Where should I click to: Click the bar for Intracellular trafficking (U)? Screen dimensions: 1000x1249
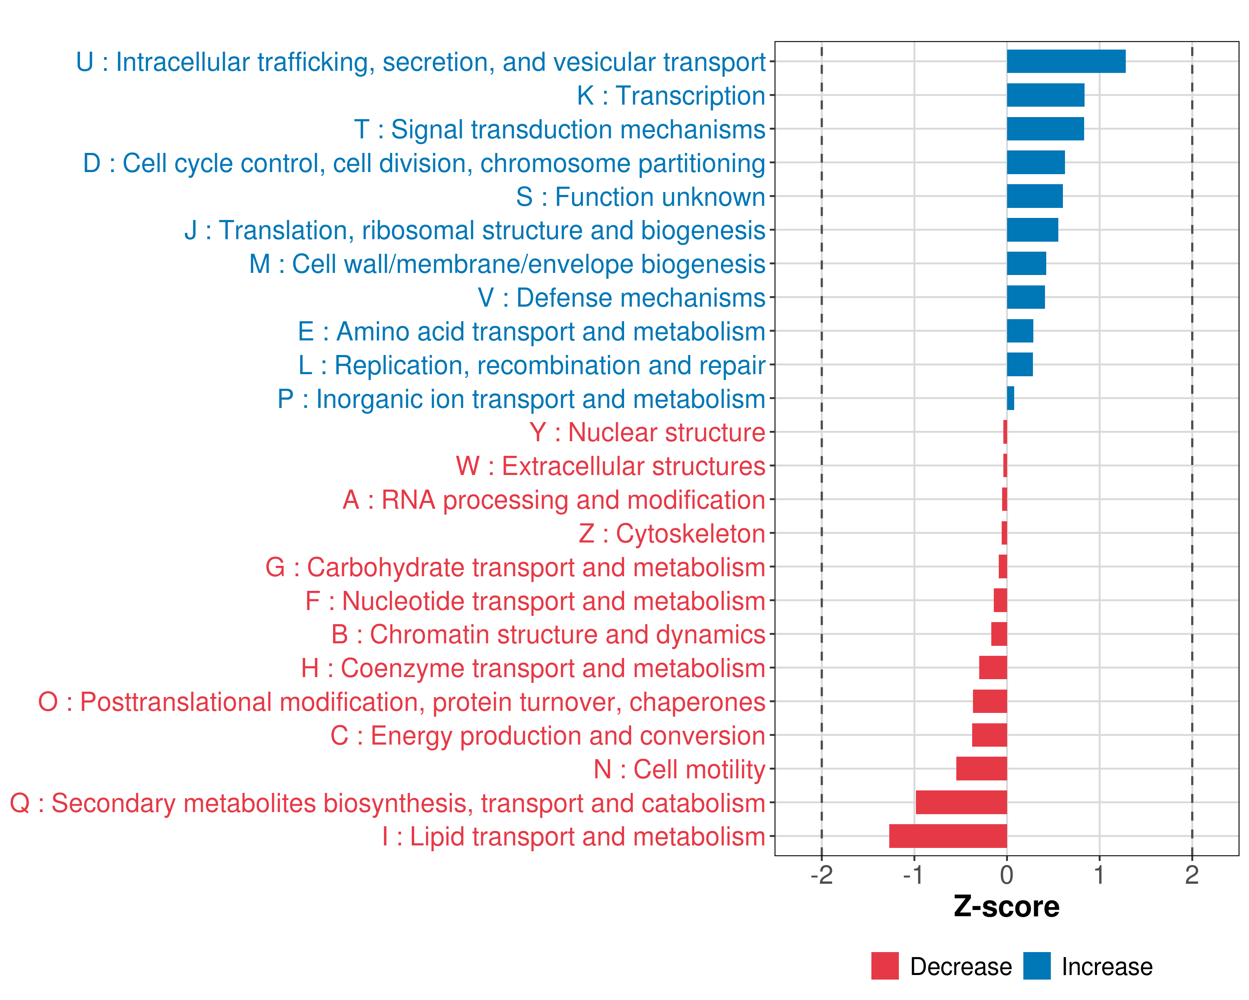click(x=1066, y=61)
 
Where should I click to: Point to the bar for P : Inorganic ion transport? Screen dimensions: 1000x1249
click(x=1010, y=398)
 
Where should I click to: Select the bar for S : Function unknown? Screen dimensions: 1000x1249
click(x=1035, y=196)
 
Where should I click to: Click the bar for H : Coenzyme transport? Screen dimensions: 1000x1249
click(x=993, y=668)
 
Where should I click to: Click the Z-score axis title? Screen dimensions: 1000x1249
click(x=1006, y=907)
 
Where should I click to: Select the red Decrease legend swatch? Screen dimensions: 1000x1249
click(x=885, y=966)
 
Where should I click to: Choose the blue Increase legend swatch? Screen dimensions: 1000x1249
click(x=1036, y=966)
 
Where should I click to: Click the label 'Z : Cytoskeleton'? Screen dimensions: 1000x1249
click(x=672, y=533)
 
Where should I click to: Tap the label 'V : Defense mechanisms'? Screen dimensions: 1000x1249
click(x=621, y=298)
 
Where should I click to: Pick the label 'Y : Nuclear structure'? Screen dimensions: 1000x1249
click(x=647, y=432)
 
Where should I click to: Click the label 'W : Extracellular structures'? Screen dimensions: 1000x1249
click(x=611, y=466)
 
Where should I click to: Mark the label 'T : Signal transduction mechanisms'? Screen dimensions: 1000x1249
click(x=560, y=129)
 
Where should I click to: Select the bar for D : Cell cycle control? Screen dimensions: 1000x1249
click(x=1035, y=162)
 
